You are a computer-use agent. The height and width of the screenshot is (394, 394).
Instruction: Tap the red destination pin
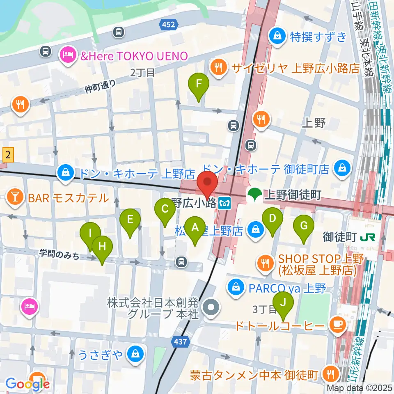click(x=207, y=183)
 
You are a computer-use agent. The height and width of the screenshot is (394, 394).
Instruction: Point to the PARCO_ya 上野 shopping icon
click(x=236, y=287)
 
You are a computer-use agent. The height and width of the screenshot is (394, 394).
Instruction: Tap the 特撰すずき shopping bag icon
click(x=278, y=37)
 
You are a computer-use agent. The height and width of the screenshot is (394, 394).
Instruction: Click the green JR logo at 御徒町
click(x=364, y=237)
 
